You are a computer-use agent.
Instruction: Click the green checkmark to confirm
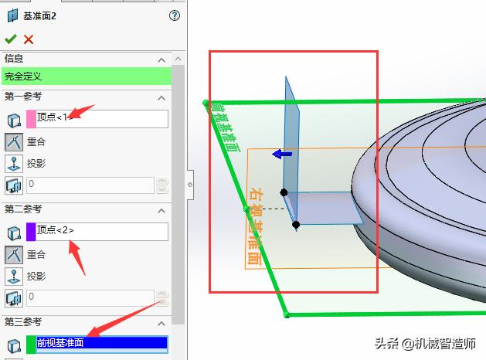[10, 39]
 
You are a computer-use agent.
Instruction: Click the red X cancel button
[29, 39]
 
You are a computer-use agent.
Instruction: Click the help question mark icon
[174, 15]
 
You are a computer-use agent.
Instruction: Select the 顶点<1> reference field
[101, 118]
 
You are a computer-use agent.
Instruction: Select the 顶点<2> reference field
[101, 231]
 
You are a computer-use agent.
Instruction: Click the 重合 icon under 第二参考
[14, 254]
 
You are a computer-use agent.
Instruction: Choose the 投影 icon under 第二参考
[14, 276]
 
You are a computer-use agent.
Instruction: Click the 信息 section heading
[14, 59]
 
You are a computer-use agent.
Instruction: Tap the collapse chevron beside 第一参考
[161, 97]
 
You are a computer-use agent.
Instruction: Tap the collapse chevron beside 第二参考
[161, 210]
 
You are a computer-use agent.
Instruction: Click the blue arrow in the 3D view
[282, 155]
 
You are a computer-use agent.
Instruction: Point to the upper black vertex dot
[284, 192]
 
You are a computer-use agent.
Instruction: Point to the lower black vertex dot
[296, 225]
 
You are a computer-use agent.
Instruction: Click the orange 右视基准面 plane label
[254, 225]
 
